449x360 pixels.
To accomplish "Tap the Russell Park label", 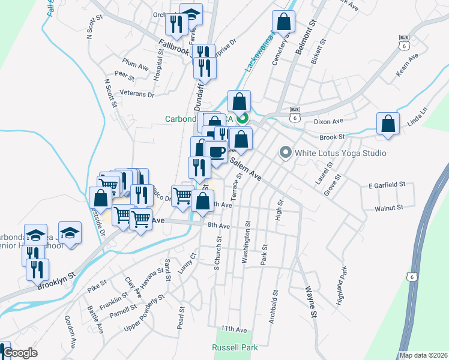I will (235, 347).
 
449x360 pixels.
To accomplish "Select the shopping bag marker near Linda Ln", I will (388, 124).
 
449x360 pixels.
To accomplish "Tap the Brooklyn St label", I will (55, 280).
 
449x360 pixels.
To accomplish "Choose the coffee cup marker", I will (216, 151).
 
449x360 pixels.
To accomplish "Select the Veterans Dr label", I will (137, 94).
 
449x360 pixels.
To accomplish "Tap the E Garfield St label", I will (387, 185).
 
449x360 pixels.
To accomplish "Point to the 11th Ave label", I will (234, 329).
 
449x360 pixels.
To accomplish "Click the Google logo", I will (20, 353).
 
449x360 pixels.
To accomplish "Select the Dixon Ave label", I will (328, 121).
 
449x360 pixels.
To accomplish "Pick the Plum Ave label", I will (135, 62).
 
